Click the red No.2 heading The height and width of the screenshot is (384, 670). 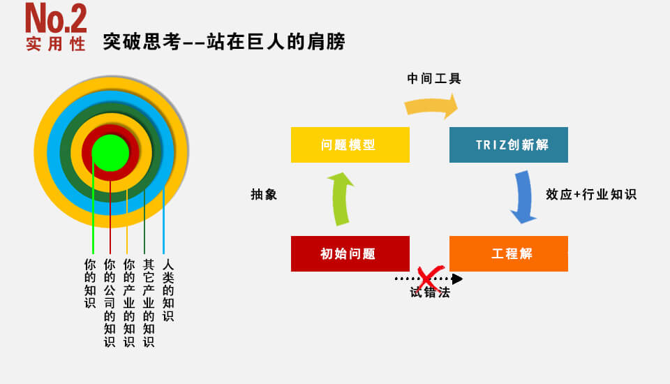pyautogui.click(x=56, y=18)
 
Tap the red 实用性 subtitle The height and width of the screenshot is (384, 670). pyautogui.click(x=56, y=44)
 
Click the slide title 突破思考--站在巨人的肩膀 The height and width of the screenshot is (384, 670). pyautogui.click(x=224, y=42)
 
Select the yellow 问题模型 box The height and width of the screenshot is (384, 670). pyautogui.click(x=350, y=145)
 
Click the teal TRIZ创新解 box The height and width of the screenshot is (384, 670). pyautogui.click(x=509, y=145)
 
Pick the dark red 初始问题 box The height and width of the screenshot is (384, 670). pyautogui.click(x=350, y=253)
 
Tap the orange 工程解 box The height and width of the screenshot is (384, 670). pyautogui.click(x=509, y=253)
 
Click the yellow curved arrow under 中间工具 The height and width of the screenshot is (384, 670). pyautogui.click(x=431, y=104)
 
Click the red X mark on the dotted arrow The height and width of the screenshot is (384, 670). pyautogui.click(x=429, y=279)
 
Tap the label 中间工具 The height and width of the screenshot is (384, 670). pyautogui.click(x=433, y=79)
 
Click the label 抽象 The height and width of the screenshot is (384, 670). pyautogui.click(x=264, y=195)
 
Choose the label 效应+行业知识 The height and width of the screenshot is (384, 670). pyautogui.click(x=591, y=195)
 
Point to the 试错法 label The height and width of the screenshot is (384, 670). pyautogui.click(x=430, y=293)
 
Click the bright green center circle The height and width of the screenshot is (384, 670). pyautogui.click(x=110, y=153)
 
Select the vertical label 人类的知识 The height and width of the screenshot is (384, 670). pyautogui.click(x=168, y=290)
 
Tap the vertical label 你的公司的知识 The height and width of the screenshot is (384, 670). pyautogui.click(x=110, y=303)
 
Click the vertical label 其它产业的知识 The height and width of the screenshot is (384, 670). pyautogui.click(x=149, y=303)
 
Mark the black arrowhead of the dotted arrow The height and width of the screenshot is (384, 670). pyautogui.click(x=457, y=279)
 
